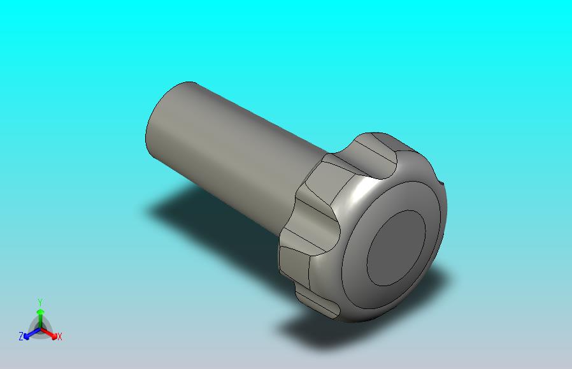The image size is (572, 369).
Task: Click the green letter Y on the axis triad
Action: click(40, 302)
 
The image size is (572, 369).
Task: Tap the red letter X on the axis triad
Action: click(60, 336)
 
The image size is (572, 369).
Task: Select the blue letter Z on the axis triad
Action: click(21, 336)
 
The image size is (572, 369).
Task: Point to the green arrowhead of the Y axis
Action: click(40, 312)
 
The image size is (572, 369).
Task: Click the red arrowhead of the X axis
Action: click(55, 336)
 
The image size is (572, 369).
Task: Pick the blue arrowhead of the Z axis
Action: click(26, 336)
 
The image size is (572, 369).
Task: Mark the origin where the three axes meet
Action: click(40, 329)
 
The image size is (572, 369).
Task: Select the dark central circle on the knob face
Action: click(396, 248)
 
